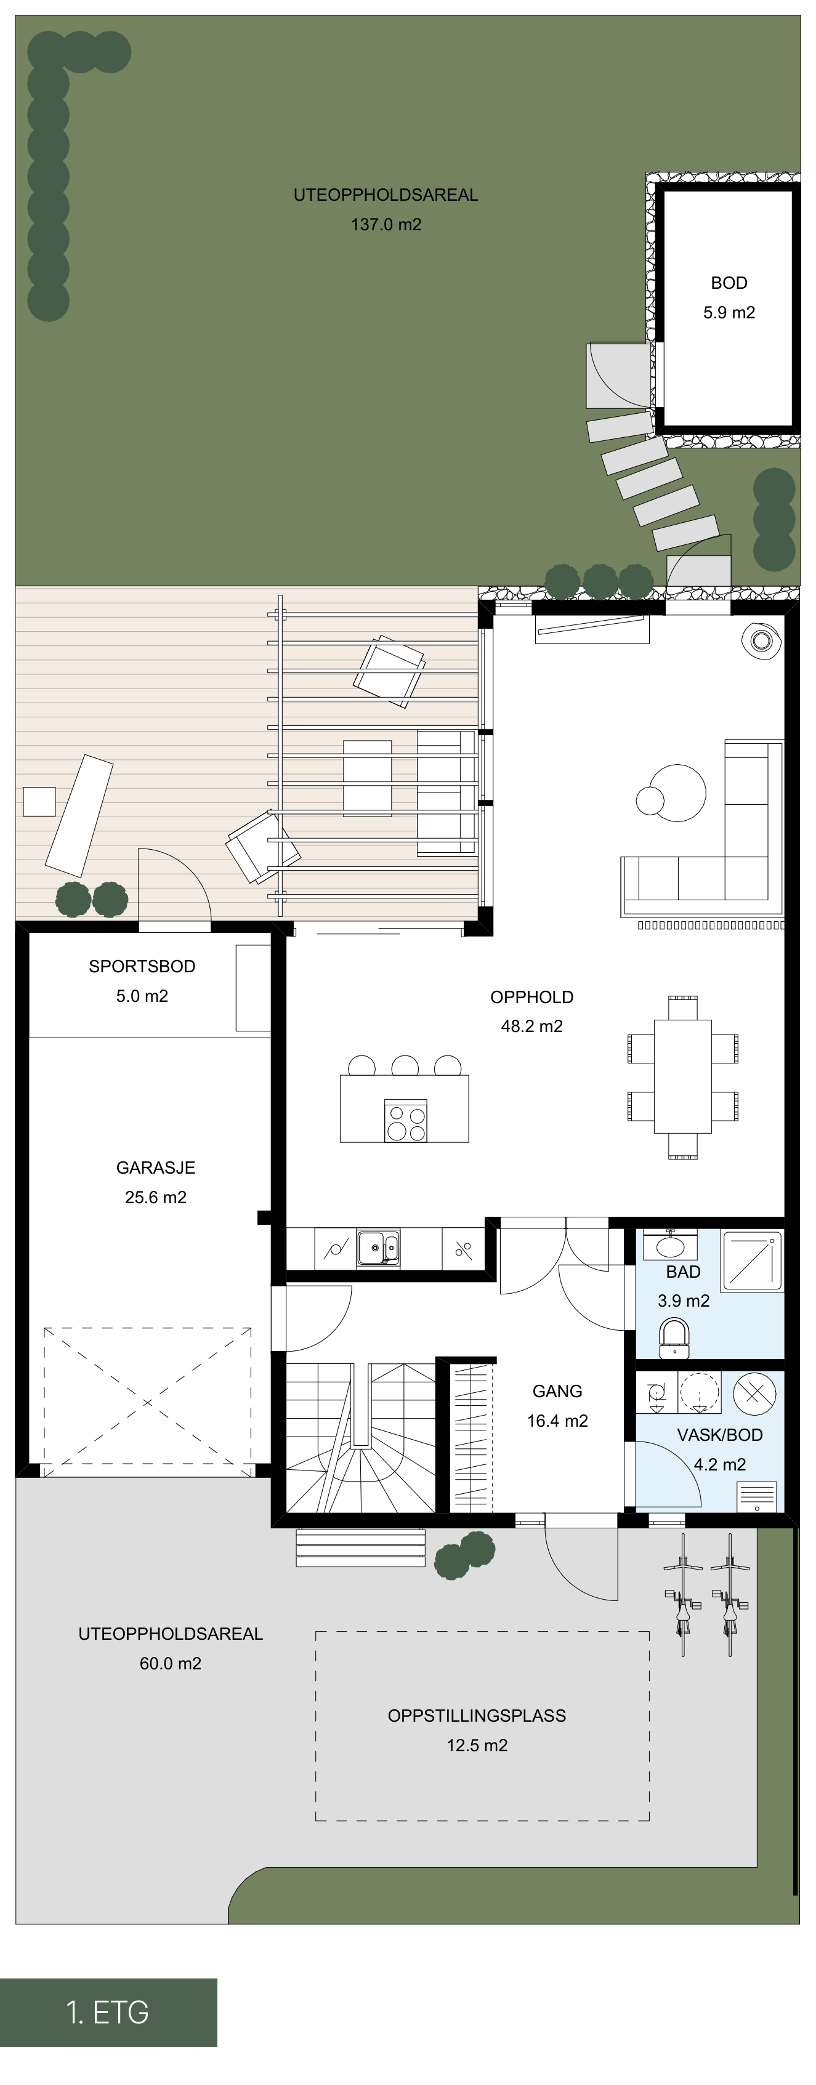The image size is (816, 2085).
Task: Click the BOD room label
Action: pos(729,283)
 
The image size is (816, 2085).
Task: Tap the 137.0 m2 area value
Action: pos(386,224)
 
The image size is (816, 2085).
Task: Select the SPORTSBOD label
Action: pos(142,966)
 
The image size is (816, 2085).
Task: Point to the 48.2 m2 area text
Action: pos(532,1026)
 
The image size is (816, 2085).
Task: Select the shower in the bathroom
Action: pos(752,1260)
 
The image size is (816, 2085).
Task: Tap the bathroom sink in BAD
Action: pos(669,1244)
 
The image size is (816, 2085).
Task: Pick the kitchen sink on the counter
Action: pos(378,1248)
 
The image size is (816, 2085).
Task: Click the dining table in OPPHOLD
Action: pos(682,1076)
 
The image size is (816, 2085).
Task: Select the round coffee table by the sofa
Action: pos(677,792)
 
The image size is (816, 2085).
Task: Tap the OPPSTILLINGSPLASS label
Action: pos(477,1716)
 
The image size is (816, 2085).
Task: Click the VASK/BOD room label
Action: pos(720,1435)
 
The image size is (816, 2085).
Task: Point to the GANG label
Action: pos(557,1392)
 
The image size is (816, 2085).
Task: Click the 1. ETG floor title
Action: pos(108,2013)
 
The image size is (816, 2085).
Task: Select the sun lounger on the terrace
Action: pos(79,815)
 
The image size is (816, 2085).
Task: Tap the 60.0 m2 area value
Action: pos(170,1663)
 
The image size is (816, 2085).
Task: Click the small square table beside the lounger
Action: pos(39,801)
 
